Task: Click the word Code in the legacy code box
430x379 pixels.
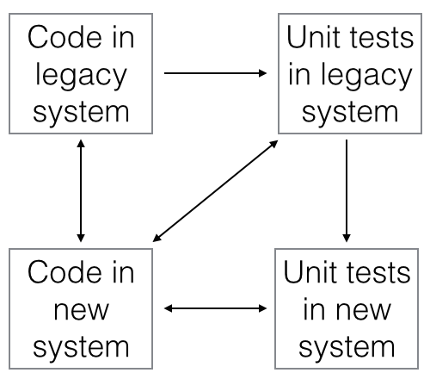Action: click(x=64, y=37)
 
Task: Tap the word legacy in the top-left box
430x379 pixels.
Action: click(x=81, y=76)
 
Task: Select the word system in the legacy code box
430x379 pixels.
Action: click(x=81, y=113)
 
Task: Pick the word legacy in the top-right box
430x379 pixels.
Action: click(x=366, y=76)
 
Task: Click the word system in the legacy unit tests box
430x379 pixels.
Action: click(x=350, y=113)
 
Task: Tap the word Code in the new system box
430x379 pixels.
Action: click(x=64, y=272)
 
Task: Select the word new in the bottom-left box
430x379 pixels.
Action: click(x=81, y=311)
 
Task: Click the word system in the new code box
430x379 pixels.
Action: click(x=81, y=348)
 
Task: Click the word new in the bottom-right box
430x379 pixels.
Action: click(x=364, y=311)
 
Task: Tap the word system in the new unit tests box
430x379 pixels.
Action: click(x=347, y=348)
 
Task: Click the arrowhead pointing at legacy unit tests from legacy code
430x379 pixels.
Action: click(x=263, y=73)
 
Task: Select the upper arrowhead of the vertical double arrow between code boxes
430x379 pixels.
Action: click(x=81, y=144)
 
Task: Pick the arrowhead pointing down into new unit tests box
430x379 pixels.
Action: click(x=347, y=238)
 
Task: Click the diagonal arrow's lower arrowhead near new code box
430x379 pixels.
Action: click(x=157, y=238)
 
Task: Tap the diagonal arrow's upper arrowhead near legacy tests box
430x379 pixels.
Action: click(x=273, y=144)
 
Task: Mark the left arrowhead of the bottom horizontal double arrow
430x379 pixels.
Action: click(x=168, y=308)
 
